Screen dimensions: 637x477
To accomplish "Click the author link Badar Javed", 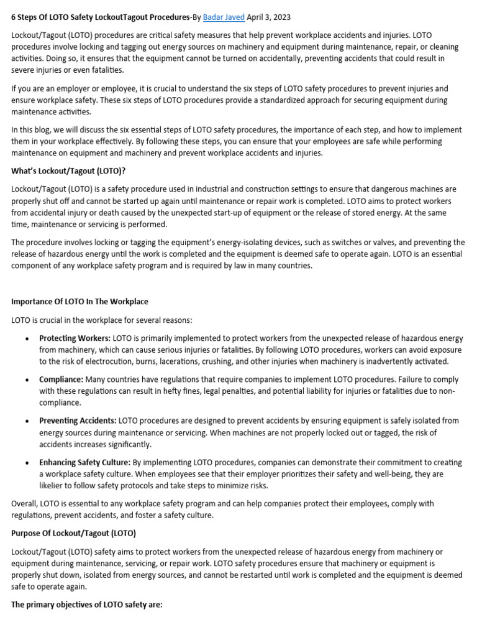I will pos(224,17).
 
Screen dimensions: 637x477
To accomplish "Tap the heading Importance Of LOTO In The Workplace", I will pos(79,302).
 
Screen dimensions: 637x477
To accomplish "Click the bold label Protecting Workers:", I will pos(75,338).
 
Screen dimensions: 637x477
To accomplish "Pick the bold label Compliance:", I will pos(61,379).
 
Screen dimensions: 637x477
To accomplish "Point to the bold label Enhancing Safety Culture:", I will pos(85,462).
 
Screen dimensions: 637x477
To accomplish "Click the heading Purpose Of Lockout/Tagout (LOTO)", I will pos(73,534).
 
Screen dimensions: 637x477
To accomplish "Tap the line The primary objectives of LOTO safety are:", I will pos(86,604).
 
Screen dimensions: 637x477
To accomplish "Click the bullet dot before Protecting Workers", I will pos(26,339).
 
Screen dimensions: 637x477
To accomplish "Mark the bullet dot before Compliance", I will pos(26,380).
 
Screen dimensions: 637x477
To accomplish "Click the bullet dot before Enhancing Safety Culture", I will pos(26,463).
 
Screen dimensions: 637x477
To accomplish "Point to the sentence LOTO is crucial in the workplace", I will pos(101,320).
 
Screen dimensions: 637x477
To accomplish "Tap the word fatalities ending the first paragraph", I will pos(106,70).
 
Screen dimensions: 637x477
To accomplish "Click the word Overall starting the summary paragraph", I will pos(26,503).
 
